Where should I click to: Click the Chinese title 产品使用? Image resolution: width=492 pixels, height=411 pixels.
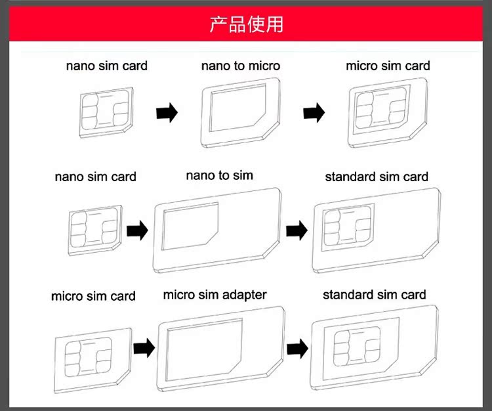click(x=246, y=24)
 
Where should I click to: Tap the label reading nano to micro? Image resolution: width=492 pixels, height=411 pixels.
click(x=240, y=66)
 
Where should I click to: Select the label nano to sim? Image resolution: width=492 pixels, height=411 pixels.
click(x=219, y=175)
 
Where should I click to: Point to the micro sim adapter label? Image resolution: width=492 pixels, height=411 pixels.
click(x=215, y=295)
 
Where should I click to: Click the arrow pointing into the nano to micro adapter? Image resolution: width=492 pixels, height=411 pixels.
click(x=167, y=113)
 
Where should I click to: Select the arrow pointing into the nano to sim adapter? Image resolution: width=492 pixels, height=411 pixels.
click(x=137, y=230)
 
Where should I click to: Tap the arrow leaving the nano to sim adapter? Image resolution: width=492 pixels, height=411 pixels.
click(x=297, y=230)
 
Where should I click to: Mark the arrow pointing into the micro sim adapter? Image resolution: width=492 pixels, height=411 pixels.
click(x=144, y=347)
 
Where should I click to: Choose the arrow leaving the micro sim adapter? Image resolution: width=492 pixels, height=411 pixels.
click(x=298, y=347)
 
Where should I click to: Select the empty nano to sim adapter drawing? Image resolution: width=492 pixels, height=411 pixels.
click(x=217, y=230)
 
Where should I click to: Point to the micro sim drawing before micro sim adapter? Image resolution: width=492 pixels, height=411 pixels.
click(x=92, y=355)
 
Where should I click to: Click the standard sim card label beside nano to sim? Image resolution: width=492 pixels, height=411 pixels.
click(x=376, y=177)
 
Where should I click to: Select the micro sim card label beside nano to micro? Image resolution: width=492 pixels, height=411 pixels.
click(x=388, y=66)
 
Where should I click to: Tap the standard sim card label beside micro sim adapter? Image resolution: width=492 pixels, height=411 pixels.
click(x=374, y=295)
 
